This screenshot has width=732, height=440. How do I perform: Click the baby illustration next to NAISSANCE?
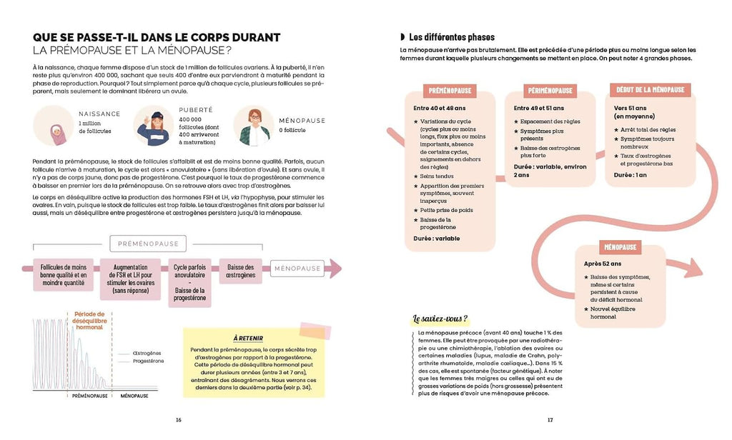tap(54, 126)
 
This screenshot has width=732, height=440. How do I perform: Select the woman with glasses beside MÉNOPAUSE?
tap(252, 126)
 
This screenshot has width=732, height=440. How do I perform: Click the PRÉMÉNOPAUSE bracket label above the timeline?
tap(147, 243)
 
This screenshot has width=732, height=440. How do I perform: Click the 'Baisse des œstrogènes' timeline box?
tap(241, 270)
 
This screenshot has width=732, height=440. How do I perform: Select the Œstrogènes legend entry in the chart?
tap(148, 353)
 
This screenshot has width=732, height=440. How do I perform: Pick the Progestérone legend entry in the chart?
tap(148, 361)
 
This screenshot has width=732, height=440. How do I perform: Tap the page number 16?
tap(179, 419)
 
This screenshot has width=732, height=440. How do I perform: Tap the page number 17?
tap(550, 419)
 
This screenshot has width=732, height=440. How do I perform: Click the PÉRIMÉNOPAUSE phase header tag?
tap(550, 91)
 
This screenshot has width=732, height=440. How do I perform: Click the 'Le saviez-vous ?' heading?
tap(440, 319)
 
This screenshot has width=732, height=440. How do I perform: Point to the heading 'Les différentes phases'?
tap(451, 37)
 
